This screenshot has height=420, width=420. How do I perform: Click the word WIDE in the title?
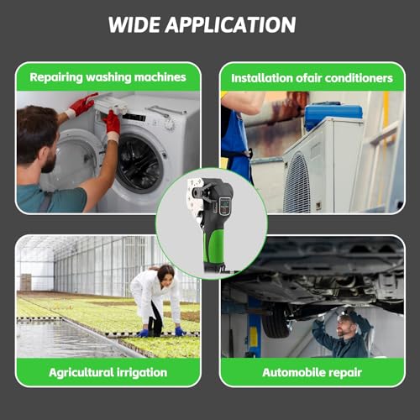point(134,24)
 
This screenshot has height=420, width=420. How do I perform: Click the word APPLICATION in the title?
point(230,24)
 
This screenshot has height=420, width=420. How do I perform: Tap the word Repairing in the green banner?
point(56,77)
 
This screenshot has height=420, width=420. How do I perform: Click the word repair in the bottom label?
point(345,373)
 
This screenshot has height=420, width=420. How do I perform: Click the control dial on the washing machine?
point(170,123)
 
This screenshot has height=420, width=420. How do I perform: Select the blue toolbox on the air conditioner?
point(333,115)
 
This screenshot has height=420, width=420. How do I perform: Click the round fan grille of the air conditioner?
point(297,182)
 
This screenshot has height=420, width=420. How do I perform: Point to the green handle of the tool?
point(214,246)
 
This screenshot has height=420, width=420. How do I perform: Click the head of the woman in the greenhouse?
point(165,274)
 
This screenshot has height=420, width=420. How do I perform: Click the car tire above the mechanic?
point(276,322)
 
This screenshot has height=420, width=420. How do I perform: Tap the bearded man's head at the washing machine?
point(38,139)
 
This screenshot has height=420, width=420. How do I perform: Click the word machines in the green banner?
point(160,77)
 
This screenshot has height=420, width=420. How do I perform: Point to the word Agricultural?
point(81,373)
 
